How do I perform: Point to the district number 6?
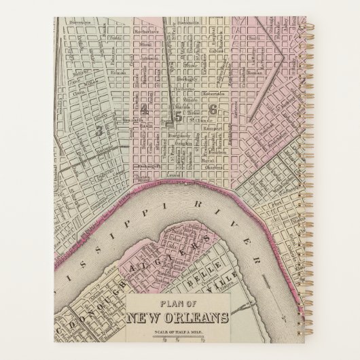coord(213,109)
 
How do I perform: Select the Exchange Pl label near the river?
coord(150,166)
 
